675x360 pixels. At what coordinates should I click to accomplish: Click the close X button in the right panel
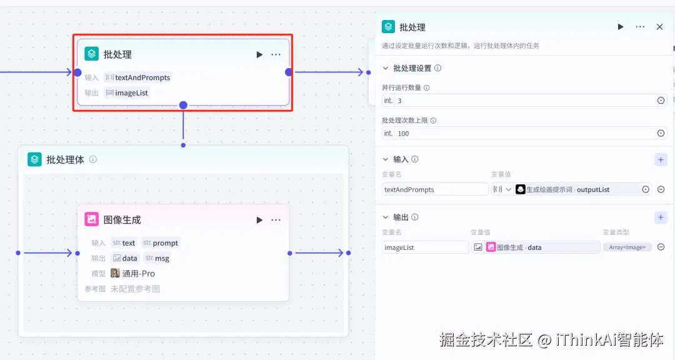pyautogui.click(x=659, y=27)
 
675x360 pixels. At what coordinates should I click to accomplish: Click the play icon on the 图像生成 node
pyautogui.click(x=259, y=220)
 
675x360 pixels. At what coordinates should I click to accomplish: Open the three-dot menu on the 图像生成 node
pyautogui.click(x=276, y=220)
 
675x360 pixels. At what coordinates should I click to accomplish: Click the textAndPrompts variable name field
pyautogui.click(x=435, y=189)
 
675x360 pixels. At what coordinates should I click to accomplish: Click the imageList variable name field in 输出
pyautogui.click(x=425, y=247)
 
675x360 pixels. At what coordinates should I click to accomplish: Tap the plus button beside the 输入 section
pyautogui.click(x=661, y=159)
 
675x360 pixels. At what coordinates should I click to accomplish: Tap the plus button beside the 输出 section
pyautogui.click(x=661, y=217)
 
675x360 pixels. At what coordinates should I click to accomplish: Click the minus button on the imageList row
pyautogui.click(x=661, y=247)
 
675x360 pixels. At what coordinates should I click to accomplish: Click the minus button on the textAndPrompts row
pyautogui.click(x=661, y=189)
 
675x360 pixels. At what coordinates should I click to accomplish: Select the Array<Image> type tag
pyautogui.click(x=627, y=247)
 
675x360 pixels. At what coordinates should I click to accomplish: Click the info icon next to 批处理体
pyautogui.click(x=93, y=159)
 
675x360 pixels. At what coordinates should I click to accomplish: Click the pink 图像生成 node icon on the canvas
pyautogui.click(x=92, y=220)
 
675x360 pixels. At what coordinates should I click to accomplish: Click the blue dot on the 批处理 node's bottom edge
pyautogui.click(x=183, y=105)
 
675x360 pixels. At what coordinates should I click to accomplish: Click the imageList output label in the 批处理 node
pyautogui.click(x=131, y=93)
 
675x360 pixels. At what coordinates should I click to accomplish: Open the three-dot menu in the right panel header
pyautogui.click(x=640, y=27)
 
